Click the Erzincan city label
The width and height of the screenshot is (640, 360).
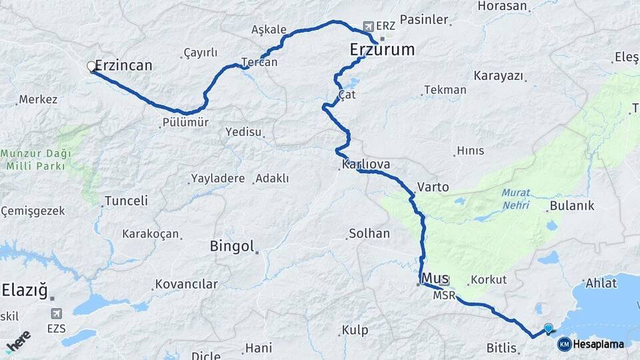[x=124, y=65]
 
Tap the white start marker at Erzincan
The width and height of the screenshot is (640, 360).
[x=91, y=66]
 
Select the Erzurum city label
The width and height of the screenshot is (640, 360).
[x=382, y=49]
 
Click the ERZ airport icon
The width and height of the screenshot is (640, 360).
[x=368, y=26]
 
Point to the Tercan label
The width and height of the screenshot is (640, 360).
[x=259, y=62]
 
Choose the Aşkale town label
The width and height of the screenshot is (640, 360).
[x=269, y=30]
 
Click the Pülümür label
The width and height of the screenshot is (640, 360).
[x=185, y=123]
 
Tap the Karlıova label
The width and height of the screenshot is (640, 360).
[x=365, y=164]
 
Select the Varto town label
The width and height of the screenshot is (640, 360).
[x=433, y=187]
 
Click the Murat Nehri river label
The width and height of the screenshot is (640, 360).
[x=515, y=198]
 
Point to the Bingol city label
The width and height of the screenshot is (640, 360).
[x=232, y=246]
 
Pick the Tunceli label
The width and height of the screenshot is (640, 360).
[x=126, y=201]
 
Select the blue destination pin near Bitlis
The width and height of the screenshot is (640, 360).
[x=548, y=328]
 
